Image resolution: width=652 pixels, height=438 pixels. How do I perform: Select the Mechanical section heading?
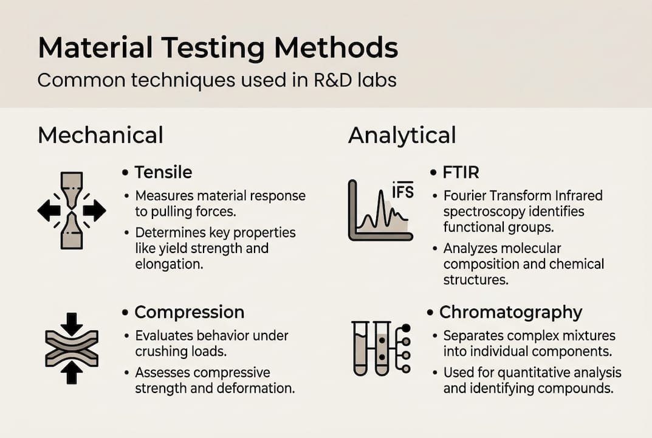click(100, 135)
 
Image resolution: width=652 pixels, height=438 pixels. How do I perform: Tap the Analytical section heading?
click(402, 135)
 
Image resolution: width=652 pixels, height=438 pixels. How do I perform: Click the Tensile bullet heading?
click(163, 173)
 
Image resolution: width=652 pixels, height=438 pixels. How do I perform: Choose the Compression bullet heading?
click(189, 312)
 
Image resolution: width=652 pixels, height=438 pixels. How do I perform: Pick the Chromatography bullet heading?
click(510, 312)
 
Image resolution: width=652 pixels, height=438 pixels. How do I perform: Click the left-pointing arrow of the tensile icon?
click(49, 210)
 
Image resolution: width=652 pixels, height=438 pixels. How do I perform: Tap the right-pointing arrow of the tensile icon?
click(95, 210)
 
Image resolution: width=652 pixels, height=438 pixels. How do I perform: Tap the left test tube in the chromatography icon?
click(360, 347)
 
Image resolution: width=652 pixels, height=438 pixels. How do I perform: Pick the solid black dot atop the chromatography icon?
click(406, 328)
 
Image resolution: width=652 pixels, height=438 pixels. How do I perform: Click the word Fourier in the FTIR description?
click(467, 196)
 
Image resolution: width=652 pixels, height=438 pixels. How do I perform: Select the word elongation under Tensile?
click(164, 265)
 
